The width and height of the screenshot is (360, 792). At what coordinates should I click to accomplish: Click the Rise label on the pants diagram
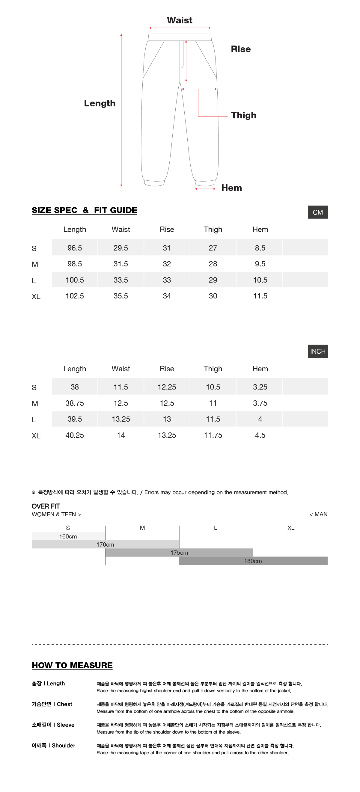pos(240,49)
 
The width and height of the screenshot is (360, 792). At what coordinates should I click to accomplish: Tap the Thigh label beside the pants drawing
pos(243,115)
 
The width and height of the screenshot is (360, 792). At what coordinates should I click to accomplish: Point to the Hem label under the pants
pos(231,188)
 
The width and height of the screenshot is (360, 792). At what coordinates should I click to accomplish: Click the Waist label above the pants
pos(180,20)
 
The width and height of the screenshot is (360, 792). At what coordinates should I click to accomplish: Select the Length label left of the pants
pos(100,103)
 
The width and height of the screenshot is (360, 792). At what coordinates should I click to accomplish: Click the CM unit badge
pos(317,212)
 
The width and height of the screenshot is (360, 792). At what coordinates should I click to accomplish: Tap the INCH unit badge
pos(317,352)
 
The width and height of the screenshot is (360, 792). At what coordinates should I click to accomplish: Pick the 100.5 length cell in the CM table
pos(75,280)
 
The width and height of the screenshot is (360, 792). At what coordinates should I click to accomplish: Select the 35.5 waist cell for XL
pos(120,296)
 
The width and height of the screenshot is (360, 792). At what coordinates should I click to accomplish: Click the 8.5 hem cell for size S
pos(260,248)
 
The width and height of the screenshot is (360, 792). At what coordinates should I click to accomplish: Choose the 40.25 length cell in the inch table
pos(75,435)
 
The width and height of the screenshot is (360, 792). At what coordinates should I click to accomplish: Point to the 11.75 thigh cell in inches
pos(213,435)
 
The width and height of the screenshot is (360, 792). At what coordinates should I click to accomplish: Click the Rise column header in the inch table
pos(167,369)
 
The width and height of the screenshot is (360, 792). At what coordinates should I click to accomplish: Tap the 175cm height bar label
pos(179,553)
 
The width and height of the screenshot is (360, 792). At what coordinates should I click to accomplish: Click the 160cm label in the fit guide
pos(68,536)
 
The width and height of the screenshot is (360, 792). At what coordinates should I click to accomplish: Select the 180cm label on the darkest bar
pos(253,561)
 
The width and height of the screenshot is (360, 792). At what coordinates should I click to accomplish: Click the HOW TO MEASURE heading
pos(72,665)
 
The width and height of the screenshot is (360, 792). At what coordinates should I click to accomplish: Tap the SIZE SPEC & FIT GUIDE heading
pos(84,210)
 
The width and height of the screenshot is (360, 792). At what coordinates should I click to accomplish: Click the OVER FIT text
pos(46,506)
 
